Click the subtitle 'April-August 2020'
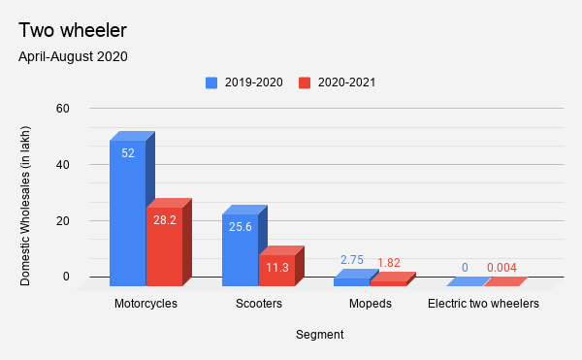click(73, 55)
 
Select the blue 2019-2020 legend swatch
click(211, 82)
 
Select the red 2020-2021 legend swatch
click(305, 82)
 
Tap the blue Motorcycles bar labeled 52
click(127, 213)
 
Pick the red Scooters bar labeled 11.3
click(276, 271)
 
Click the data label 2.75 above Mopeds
click(351, 261)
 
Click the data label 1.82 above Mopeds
click(388, 263)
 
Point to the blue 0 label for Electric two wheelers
click(465, 268)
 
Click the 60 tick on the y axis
click(63, 108)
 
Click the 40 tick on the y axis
click(63, 164)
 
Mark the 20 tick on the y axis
click(63, 220)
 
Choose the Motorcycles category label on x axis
click(145, 304)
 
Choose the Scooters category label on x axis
click(258, 304)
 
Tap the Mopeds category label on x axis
click(370, 304)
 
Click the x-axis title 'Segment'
click(319, 335)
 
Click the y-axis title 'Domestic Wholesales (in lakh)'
click(26, 205)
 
